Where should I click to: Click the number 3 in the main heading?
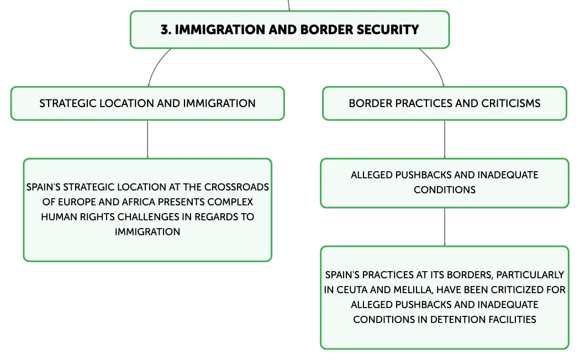pyautogui.click(x=165, y=30)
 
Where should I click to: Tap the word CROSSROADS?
pyautogui.click(x=237, y=187)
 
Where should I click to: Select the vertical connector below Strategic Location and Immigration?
pyautogui.click(x=147, y=139)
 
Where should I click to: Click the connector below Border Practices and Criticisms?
pyautogui.click(x=445, y=139)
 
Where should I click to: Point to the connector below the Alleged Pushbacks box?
pyautogui.click(x=445, y=227)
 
